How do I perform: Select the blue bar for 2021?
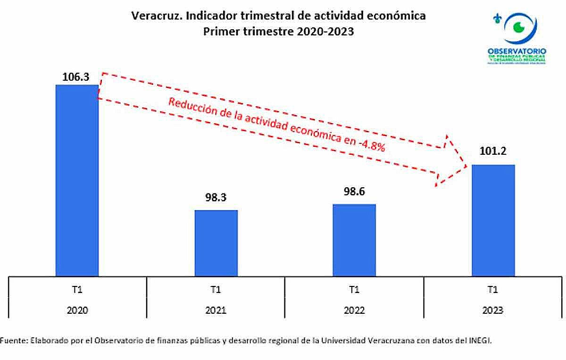pos(216,243)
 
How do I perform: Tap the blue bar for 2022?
pos(354,240)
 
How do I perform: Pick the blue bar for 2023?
pos(493,220)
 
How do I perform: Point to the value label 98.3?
pos(216,198)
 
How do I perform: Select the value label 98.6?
pos(354,192)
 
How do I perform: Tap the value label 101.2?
pos(493,153)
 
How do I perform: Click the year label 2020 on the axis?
pos(78,310)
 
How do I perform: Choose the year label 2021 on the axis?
pos(216,310)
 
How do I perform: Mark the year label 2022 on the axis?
pos(354,310)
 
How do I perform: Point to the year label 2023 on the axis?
pos(493,310)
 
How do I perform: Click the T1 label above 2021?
pos(216,290)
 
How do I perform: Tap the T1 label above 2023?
pos(493,290)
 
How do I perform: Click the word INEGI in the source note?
pos(480,340)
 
